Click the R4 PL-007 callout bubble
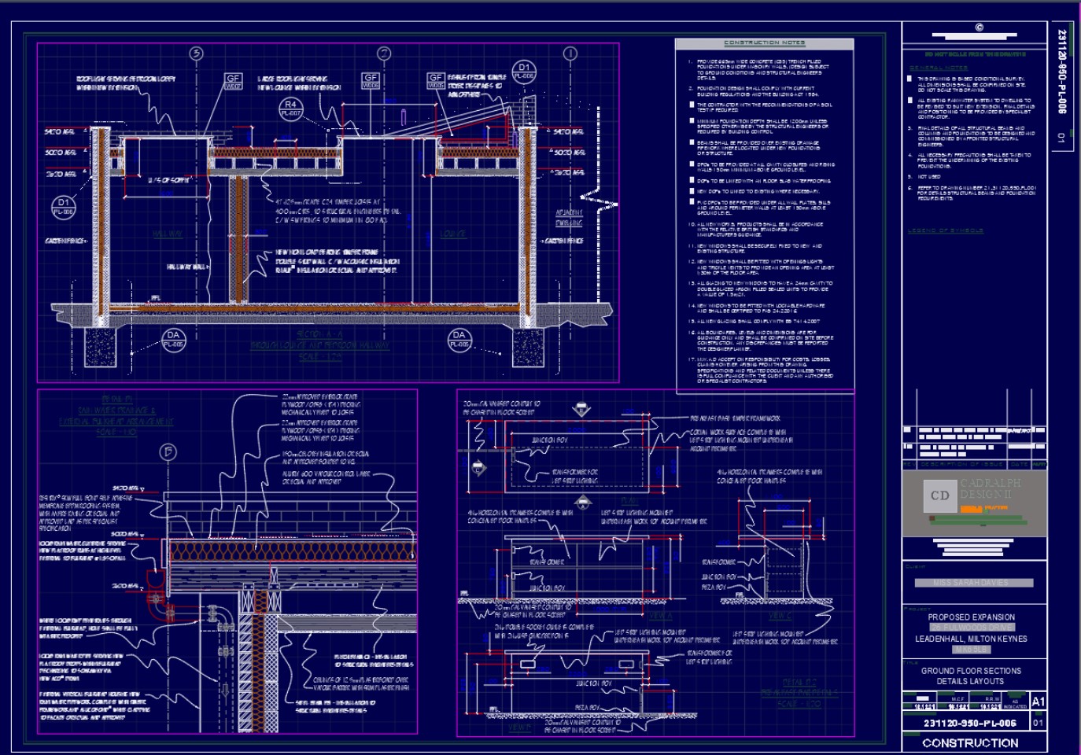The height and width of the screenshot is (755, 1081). [290, 108]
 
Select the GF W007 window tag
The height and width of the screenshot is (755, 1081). [233, 82]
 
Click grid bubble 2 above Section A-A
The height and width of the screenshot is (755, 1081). [384, 53]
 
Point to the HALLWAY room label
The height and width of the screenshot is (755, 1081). [168, 234]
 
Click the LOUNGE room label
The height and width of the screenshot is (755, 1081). [452, 234]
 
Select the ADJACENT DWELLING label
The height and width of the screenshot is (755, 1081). [569, 218]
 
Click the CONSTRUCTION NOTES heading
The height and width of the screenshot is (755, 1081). [764, 42]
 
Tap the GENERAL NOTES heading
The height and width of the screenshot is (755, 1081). [939, 68]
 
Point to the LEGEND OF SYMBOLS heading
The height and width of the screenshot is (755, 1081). [945, 230]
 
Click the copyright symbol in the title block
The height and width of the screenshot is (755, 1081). [979, 28]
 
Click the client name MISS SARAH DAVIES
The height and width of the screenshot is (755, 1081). [971, 583]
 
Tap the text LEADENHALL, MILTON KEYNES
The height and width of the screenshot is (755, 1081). [971, 639]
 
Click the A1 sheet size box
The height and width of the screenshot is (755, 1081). [1038, 702]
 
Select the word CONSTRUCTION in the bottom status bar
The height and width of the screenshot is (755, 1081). [970, 742]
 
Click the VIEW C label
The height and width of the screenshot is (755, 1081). [780, 616]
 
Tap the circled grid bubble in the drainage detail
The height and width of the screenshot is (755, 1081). [167, 451]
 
